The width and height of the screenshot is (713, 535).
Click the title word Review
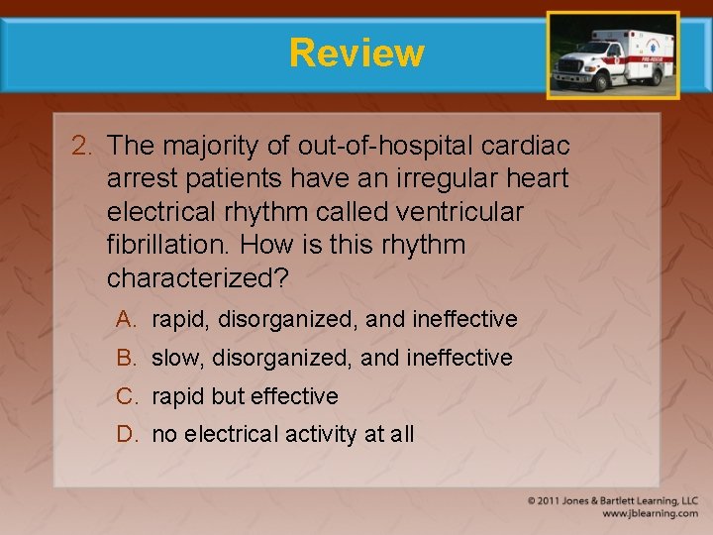click(x=356, y=53)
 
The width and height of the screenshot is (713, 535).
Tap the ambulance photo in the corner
click(x=613, y=56)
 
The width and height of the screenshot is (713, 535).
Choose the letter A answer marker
click(x=126, y=319)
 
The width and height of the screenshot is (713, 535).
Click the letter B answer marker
click(x=126, y=358)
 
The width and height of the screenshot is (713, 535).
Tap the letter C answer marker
click(x=126, y=396)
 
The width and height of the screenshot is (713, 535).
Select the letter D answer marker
click(x=126, y=434)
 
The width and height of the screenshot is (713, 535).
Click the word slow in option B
click(x=175, y=358)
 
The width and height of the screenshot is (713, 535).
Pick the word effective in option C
click(x=294, y=396)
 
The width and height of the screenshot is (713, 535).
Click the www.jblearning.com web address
click(x=650, y=513)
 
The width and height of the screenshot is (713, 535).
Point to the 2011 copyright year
click(x=553, y=501)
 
